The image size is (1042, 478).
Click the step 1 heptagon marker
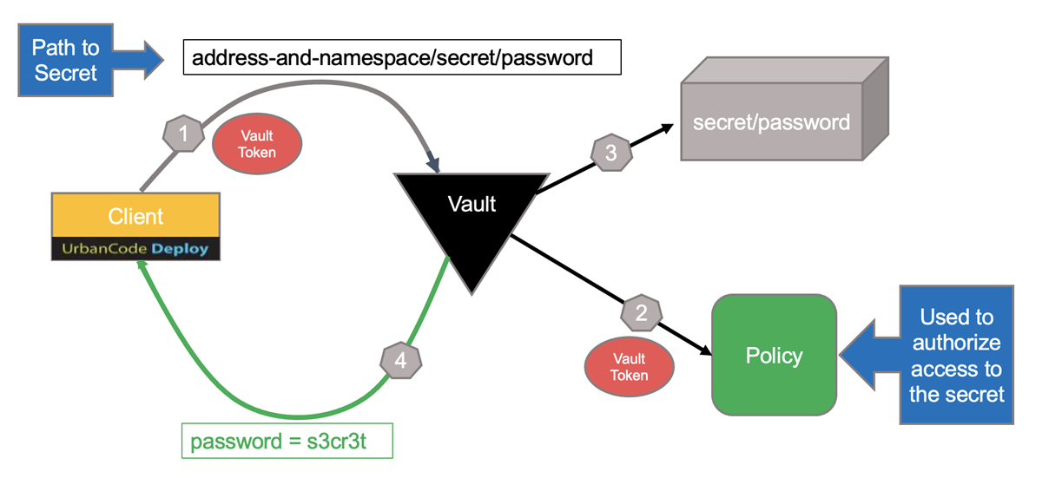[x=183, y=134]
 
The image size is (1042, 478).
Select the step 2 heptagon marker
[x=642, y=313]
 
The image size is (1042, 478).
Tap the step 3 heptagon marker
[x=611, y=154]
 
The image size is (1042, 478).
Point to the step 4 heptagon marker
[x=400, y=360]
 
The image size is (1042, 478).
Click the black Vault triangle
[x=472, y=217]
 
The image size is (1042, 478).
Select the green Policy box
[x=775, y=355]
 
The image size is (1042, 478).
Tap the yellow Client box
[x=135, y=216]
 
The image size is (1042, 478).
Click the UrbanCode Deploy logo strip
[x=135, y=249]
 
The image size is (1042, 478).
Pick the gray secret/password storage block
[x=771, y=121]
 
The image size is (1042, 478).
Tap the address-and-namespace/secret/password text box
[x=402, y=58]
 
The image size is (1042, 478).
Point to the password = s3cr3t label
[x=287, y=441]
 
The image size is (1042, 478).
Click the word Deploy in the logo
[x=180, y=249]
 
